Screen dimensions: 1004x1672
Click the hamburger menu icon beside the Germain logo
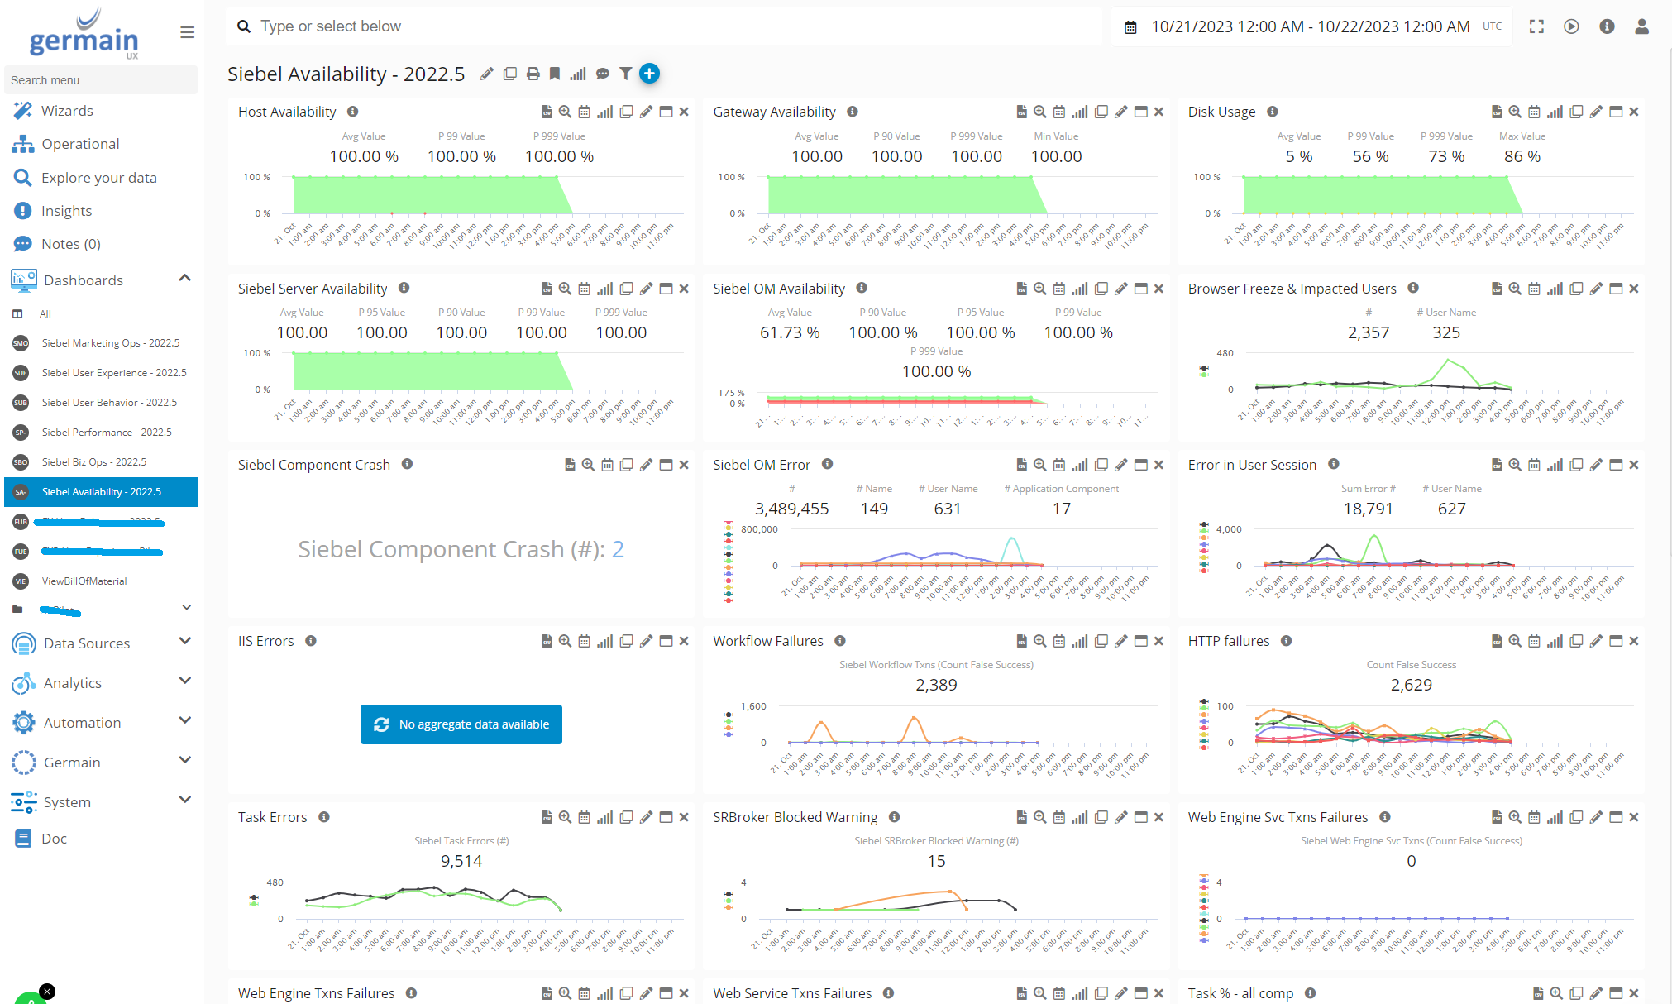[x=188, y=32]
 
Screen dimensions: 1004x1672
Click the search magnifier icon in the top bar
[x=244, y=26]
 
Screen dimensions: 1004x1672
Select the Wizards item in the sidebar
[x=67, y=111]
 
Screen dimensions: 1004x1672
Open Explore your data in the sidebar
[x=98, y=178]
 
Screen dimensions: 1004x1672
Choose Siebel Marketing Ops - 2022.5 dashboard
[x=110, y=343]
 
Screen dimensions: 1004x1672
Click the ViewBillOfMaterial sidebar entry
[x=84, y=581]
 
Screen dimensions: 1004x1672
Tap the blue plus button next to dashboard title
[x=650, y=74]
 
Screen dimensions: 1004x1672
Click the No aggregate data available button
[x=461, y=724]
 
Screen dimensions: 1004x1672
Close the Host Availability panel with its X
[x=684, y=112]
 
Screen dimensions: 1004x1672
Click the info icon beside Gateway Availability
[x=853, y=112]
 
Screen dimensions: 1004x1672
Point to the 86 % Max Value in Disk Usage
[x=1522, y=156]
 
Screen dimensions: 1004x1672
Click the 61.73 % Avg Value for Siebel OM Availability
[x=790, y=332]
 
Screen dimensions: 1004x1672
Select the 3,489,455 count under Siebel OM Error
[x=791, y=509]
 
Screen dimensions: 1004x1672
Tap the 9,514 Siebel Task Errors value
[x=461, y=861]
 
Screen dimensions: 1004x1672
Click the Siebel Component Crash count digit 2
[x=618, y=549]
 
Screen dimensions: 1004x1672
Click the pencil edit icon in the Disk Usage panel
[x=1596, y=112]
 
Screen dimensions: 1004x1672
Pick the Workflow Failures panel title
[x=768, y=641]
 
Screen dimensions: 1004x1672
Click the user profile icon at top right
[x=1642, y=26]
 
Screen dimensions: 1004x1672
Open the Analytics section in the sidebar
[x=73, y=683]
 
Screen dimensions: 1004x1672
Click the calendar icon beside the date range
[x=1130, y=27]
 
